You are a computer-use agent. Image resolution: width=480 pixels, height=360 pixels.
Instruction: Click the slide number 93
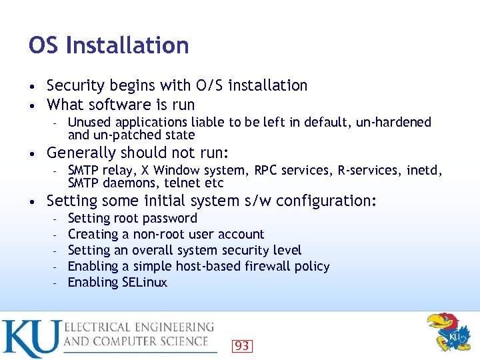point(242,345)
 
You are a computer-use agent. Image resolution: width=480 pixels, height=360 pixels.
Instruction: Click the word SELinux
point(145,282)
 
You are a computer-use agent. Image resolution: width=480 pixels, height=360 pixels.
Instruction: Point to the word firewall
point(253,266)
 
